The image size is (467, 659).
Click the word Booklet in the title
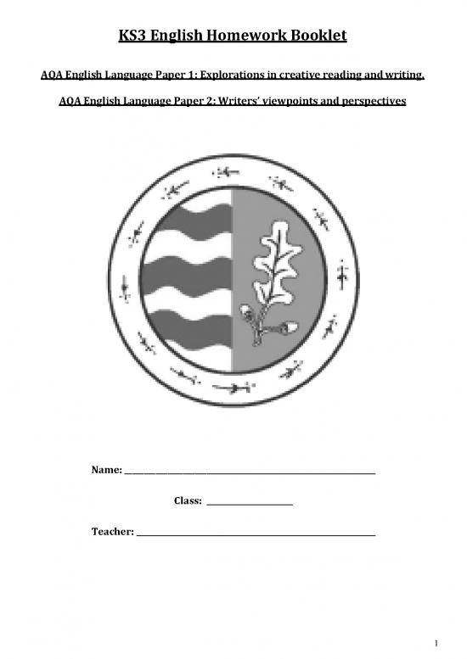(308, 37)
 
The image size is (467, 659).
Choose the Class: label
(188, 501)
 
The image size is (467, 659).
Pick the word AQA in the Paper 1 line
(53, 79)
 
